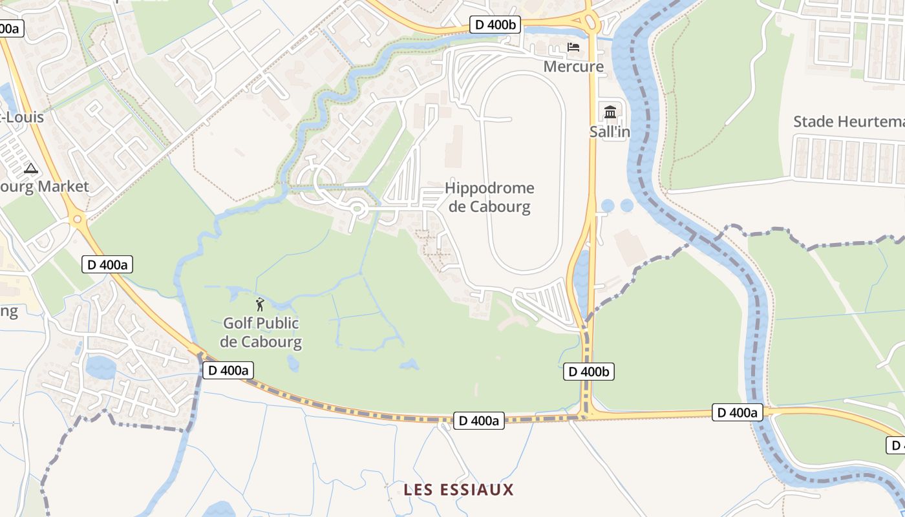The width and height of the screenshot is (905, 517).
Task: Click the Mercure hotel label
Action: pos(573,66)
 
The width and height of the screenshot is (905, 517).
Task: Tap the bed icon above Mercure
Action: pos(573,47)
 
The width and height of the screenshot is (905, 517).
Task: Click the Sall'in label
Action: pos(610,132)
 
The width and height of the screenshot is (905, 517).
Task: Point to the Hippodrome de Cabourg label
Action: pos(489,197)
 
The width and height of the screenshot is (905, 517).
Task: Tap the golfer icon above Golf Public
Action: pos(260,304)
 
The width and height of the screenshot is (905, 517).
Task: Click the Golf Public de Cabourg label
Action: pos(261,332)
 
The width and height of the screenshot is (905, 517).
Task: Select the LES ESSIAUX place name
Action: pos(458,490)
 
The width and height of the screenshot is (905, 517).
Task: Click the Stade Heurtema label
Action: pos(848,121)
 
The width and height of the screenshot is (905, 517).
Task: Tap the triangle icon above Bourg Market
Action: pos(30,169)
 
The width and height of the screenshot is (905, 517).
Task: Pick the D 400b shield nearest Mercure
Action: pos(495,25)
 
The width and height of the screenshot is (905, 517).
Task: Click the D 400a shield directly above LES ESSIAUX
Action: pos(478,421)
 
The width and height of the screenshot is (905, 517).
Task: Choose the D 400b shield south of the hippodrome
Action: pos(588,372)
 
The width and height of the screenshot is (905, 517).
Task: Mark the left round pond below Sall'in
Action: pos(608,206)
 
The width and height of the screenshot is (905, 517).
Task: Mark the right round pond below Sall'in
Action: pos(627,206)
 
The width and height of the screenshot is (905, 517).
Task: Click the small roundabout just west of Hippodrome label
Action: pos(356,208)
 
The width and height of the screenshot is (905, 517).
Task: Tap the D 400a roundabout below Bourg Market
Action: pos(79,219)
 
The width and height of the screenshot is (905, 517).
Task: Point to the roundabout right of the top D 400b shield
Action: pos(590,21)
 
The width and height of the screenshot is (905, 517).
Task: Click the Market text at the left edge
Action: pos(63,187)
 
